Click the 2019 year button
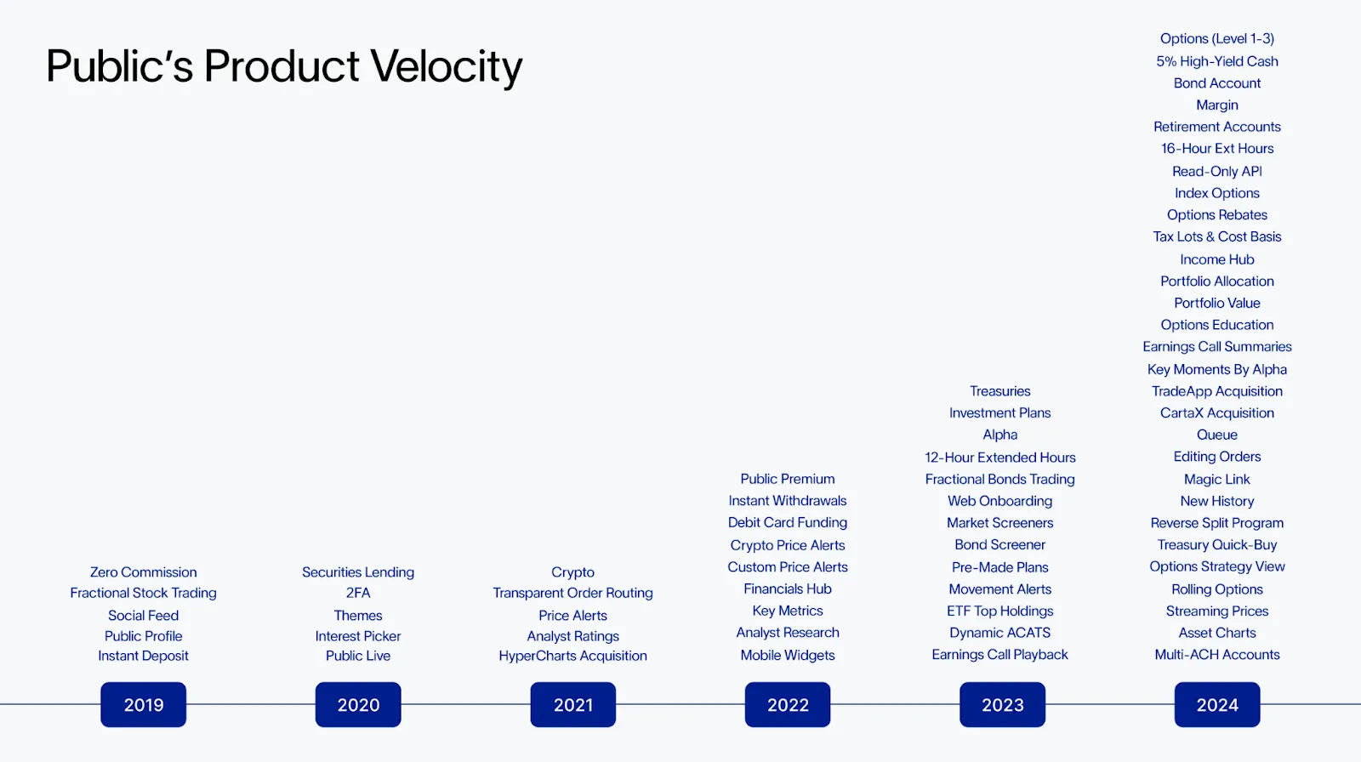click(x=143, y=704)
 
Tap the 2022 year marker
click(x=788, y=704)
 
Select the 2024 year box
click(x=1216, y=704)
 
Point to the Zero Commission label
click(x=143, y=572)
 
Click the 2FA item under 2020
click(x=358, y=593)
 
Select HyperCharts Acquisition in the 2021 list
click(x=572, y=656)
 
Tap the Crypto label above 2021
click(x=572, y=572)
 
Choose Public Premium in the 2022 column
click(x=787, y=479)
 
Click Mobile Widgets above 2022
click(x=787, y=655)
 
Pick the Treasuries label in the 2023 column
click(x=999, y=391)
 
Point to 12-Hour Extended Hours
click(x=999, y=458)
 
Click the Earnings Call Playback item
click(x=999, y=655)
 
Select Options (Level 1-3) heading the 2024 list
click(x=1216, y=39)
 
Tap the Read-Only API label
click(x=1216, y=171)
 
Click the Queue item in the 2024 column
click(x=1216, y=435)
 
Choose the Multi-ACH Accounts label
click(x=1216, y=655)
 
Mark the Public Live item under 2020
click(x=358, y=656)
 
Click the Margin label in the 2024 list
click(x=1216, y=105)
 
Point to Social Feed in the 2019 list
click(x=143, y=616)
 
